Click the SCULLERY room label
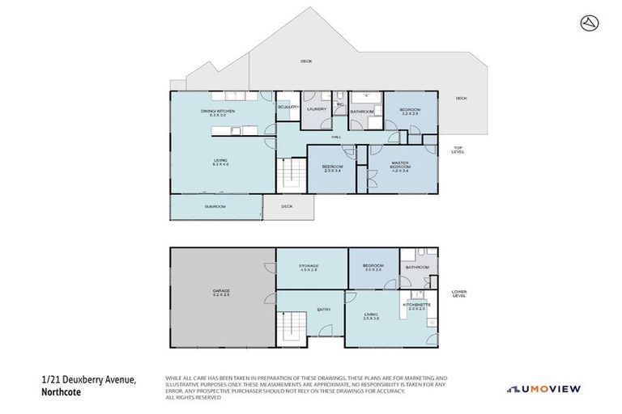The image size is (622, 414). [288, 108]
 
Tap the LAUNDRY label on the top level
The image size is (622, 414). [317, 108]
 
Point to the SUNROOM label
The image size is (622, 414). [215, 207]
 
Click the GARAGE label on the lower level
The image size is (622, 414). [221, 291]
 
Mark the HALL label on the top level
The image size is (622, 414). [334, 137]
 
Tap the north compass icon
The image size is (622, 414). [589, 23]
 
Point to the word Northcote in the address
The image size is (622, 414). [62, 393]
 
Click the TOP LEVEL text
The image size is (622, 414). [458, 150]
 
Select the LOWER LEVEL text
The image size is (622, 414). [459, 294]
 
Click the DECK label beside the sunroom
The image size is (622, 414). [287, 206]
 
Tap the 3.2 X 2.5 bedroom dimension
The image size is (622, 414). [410, 114]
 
